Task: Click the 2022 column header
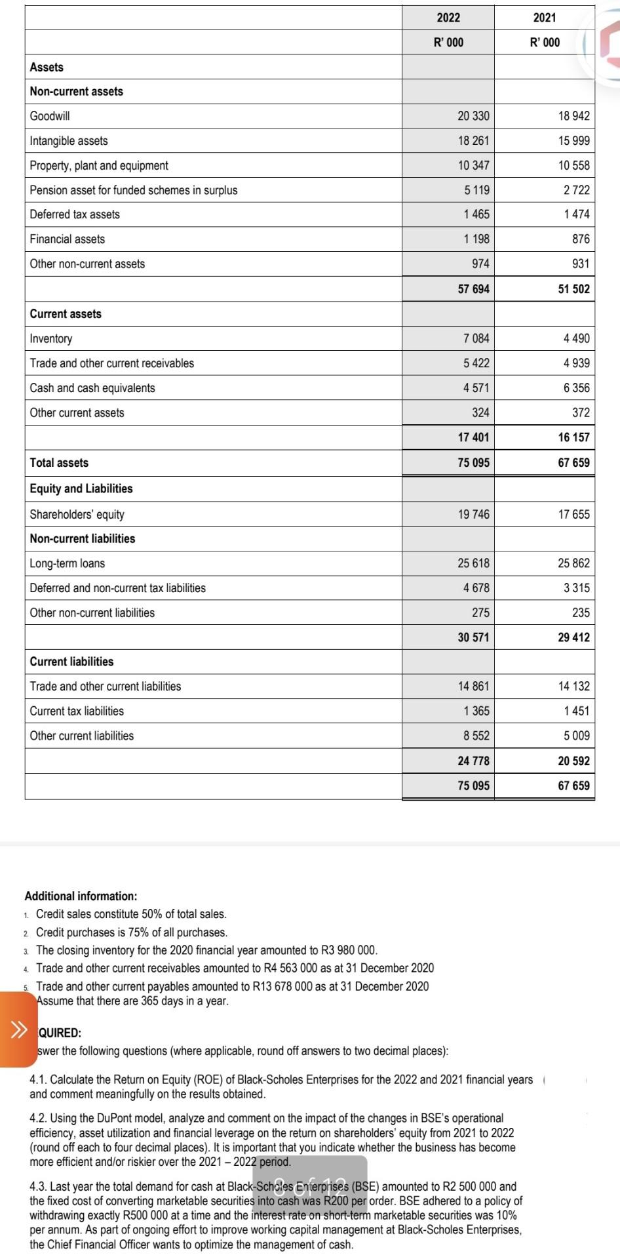tap(448, 18)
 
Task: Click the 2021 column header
tap(545, 18)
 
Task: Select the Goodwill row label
tap(50, 116)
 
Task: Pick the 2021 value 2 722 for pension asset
tap(576, 190)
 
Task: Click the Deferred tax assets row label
tap(75, 214)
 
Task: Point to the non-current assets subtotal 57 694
tap(473, 289)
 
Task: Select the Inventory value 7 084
tap(476, 339)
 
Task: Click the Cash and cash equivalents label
tap(92, 388)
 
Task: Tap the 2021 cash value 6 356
tap(576, 388)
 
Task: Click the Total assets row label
tap(59, 463)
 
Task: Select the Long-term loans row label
tap(67, 564)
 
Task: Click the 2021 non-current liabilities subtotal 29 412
tap(573, 637)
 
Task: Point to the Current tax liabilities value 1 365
tap(476, 711)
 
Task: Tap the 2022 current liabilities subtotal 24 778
tap(473, 761)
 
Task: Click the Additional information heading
tap(81, 896)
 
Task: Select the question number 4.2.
tap(37, 1118)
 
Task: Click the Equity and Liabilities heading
tap(81, 489)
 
